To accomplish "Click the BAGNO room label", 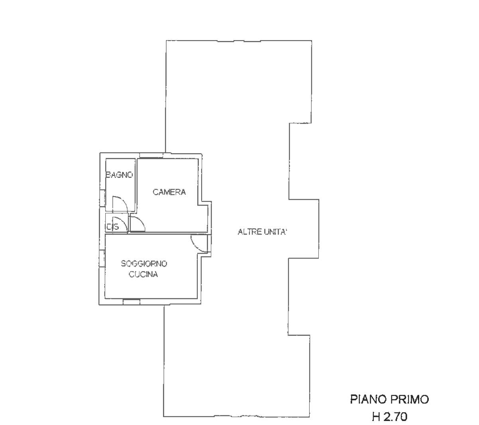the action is tap(119, 175).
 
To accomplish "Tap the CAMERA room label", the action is tap(169, 192).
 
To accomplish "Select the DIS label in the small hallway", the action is tap(113, 227).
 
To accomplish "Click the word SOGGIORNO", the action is tap(144, 263).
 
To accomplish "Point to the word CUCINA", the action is tap(143, 274).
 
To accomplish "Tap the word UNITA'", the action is tap(275, 232).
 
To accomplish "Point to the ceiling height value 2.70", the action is tap(395, 417).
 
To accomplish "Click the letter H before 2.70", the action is tap(376, 417).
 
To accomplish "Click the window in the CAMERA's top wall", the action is tap(151, 155).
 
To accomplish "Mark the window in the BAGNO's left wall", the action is tap(102, 198).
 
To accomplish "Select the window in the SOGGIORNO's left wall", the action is tap(102, 259).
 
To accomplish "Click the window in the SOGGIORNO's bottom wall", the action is tap(131, 302).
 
